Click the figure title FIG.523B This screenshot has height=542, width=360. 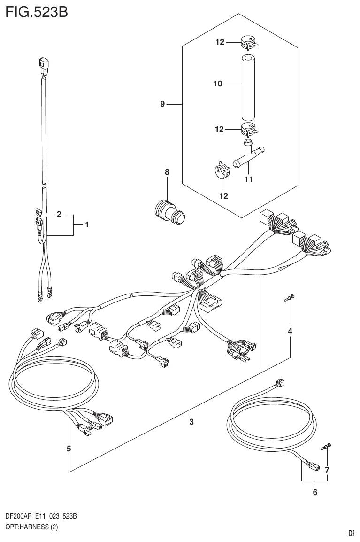[x=37, y=11]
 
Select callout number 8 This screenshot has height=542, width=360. [x=167, y=172]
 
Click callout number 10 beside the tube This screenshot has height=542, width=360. [x=217, y=85]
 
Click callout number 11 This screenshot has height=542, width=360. [x=248, y=179]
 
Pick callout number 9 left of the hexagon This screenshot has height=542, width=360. [x=162, y=104]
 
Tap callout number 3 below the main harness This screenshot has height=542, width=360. [x=191, y=422]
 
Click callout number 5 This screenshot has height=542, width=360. [x=69, y=449]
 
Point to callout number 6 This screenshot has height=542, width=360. [x=314, y=492]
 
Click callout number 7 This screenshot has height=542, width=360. [x=327, y=470]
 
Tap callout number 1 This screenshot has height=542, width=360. [x=87, y=225]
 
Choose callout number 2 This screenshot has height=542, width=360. [x=59, y=215]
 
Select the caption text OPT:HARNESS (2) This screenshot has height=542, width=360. [x=31, y=527]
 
